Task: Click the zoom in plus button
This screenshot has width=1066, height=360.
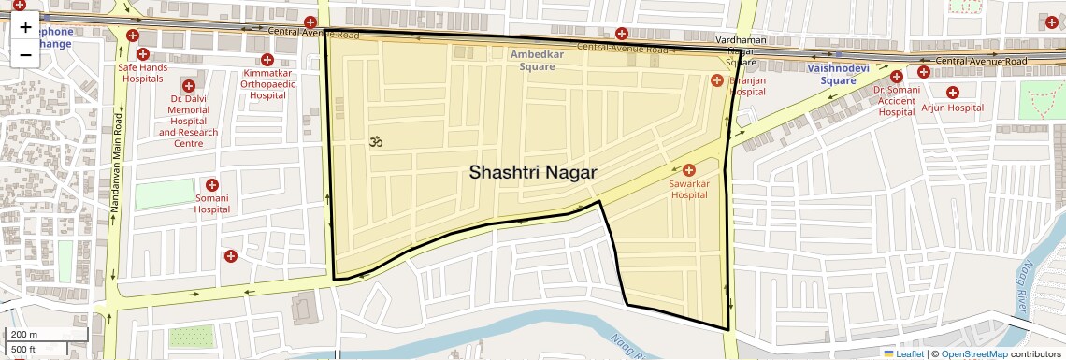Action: (25, 27)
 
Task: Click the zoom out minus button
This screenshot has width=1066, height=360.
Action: (25, 54)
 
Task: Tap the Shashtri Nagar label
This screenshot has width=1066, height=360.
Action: (532, 172)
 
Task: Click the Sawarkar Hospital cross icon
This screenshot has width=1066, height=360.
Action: (689, 169)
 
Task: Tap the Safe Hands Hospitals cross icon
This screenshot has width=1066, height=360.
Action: (143, 54)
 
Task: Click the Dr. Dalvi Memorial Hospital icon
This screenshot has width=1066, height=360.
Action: (188, 84)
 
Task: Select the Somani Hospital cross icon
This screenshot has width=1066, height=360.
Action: (212, 185)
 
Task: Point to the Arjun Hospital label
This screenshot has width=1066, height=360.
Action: (952, 108)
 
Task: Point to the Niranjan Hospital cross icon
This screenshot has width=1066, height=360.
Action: (717, 79)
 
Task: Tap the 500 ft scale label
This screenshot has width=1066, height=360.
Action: (23, 350)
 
